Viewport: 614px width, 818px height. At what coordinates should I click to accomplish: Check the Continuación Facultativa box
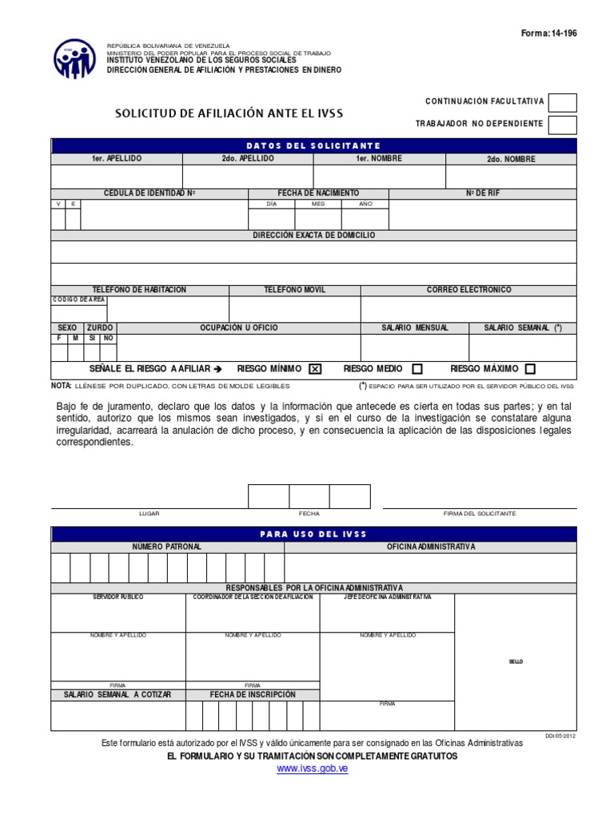563,102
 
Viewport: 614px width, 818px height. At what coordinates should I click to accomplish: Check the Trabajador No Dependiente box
563,124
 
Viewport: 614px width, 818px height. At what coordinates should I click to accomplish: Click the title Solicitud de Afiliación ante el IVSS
229,113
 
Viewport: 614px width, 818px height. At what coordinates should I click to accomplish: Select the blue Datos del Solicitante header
313,145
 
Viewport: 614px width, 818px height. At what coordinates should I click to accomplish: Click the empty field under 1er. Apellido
117,176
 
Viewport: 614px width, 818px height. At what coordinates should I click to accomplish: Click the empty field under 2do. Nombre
510,176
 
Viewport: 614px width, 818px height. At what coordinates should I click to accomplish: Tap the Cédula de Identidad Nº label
150,193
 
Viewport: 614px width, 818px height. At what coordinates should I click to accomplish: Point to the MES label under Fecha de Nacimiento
318,204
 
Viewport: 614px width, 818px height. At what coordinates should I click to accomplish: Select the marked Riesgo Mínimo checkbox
314,369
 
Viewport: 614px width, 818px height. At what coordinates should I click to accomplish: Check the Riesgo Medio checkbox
417,369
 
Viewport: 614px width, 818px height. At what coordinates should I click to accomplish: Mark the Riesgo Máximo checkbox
530,369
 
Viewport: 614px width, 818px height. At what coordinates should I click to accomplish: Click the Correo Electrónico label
468,290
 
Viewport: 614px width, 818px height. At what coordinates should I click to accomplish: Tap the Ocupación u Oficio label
239,328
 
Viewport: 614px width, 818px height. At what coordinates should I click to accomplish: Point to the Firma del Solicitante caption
480,513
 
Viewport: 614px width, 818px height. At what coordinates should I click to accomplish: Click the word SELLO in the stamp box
516,661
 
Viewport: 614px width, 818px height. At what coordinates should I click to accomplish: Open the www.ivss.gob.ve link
313,768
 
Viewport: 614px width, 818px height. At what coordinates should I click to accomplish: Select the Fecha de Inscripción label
253,695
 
